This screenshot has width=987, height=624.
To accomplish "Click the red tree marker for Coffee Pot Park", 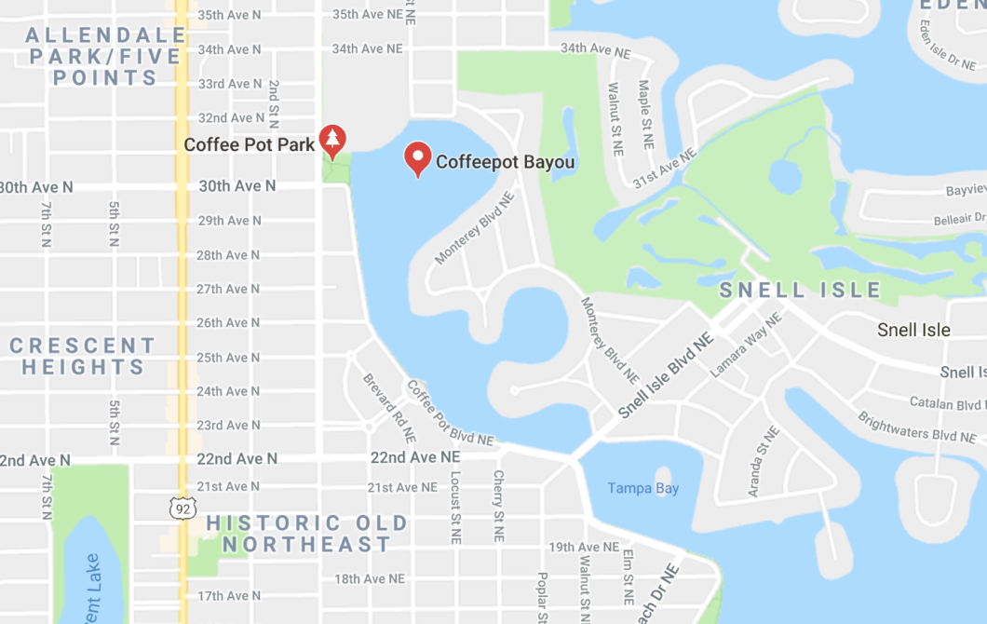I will [x=332, y=140].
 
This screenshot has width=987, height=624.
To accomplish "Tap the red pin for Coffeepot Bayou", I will [x=418, y=158].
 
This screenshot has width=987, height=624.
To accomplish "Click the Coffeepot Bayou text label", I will [x=505, y=162].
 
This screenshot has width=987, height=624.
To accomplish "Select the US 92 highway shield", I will [x=182, y=508].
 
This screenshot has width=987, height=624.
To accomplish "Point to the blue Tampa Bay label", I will [x=643, y=488].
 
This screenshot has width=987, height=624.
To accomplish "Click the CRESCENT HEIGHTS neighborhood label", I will [x=83, y=356].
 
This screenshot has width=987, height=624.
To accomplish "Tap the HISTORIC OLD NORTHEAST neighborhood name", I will [x=306, y=534].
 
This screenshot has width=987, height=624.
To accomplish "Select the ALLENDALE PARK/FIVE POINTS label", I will [x=104, y=57].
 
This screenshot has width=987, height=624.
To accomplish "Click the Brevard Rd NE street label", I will [x=389, y=407].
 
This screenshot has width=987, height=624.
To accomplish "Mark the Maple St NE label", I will [x=643, y=115].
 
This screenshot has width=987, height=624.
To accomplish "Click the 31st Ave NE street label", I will [x=664, y=168].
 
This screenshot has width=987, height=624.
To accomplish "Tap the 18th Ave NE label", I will [x=370, y=578].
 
